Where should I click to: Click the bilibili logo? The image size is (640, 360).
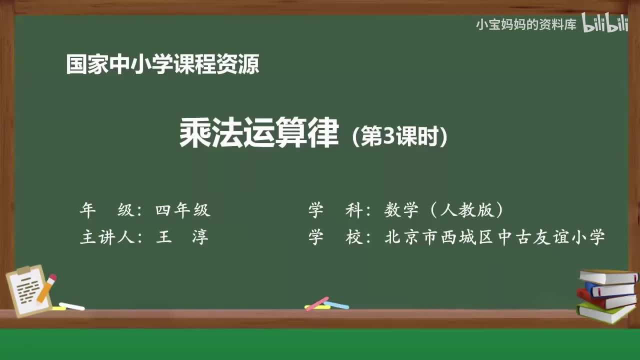605,24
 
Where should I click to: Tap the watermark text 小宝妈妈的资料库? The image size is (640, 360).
526,24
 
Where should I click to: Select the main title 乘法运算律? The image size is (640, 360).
259,133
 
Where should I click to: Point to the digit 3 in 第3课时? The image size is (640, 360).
389,137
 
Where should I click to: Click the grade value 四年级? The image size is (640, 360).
182,210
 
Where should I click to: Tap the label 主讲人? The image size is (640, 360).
107,236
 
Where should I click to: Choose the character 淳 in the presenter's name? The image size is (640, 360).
200,236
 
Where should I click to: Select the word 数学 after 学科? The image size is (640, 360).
401,210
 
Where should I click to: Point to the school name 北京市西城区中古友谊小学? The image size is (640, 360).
495,236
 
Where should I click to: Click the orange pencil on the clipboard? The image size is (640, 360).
46,288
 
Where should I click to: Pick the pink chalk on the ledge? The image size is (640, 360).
317,303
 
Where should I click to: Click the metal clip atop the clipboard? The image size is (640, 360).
24,270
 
